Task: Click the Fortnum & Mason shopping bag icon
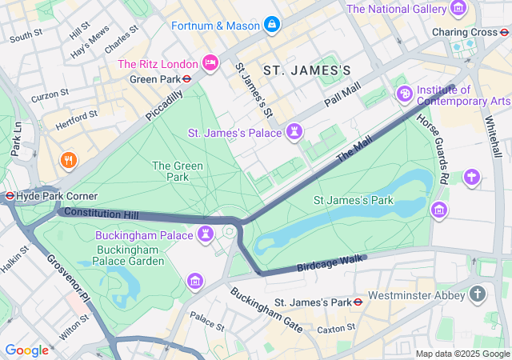click(272, 25)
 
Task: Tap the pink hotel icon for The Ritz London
click(210, 63)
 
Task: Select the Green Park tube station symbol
click(186, 79)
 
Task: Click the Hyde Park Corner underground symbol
click(10, 196)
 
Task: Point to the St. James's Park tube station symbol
click(358, 302)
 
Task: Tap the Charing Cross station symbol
click(503, 32)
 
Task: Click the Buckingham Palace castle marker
click(206, 234)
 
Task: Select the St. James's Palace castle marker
click(296, 130)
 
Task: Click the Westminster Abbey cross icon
click(478, 294)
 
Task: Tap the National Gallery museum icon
click(458, 9)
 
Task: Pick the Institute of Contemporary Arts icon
click(406, 94)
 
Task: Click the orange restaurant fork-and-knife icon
click(70, 160)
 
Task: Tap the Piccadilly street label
click(164, 105)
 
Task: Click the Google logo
click(26, 350)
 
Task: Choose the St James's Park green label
click(353, 200)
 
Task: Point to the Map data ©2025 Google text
click(462, 354)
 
